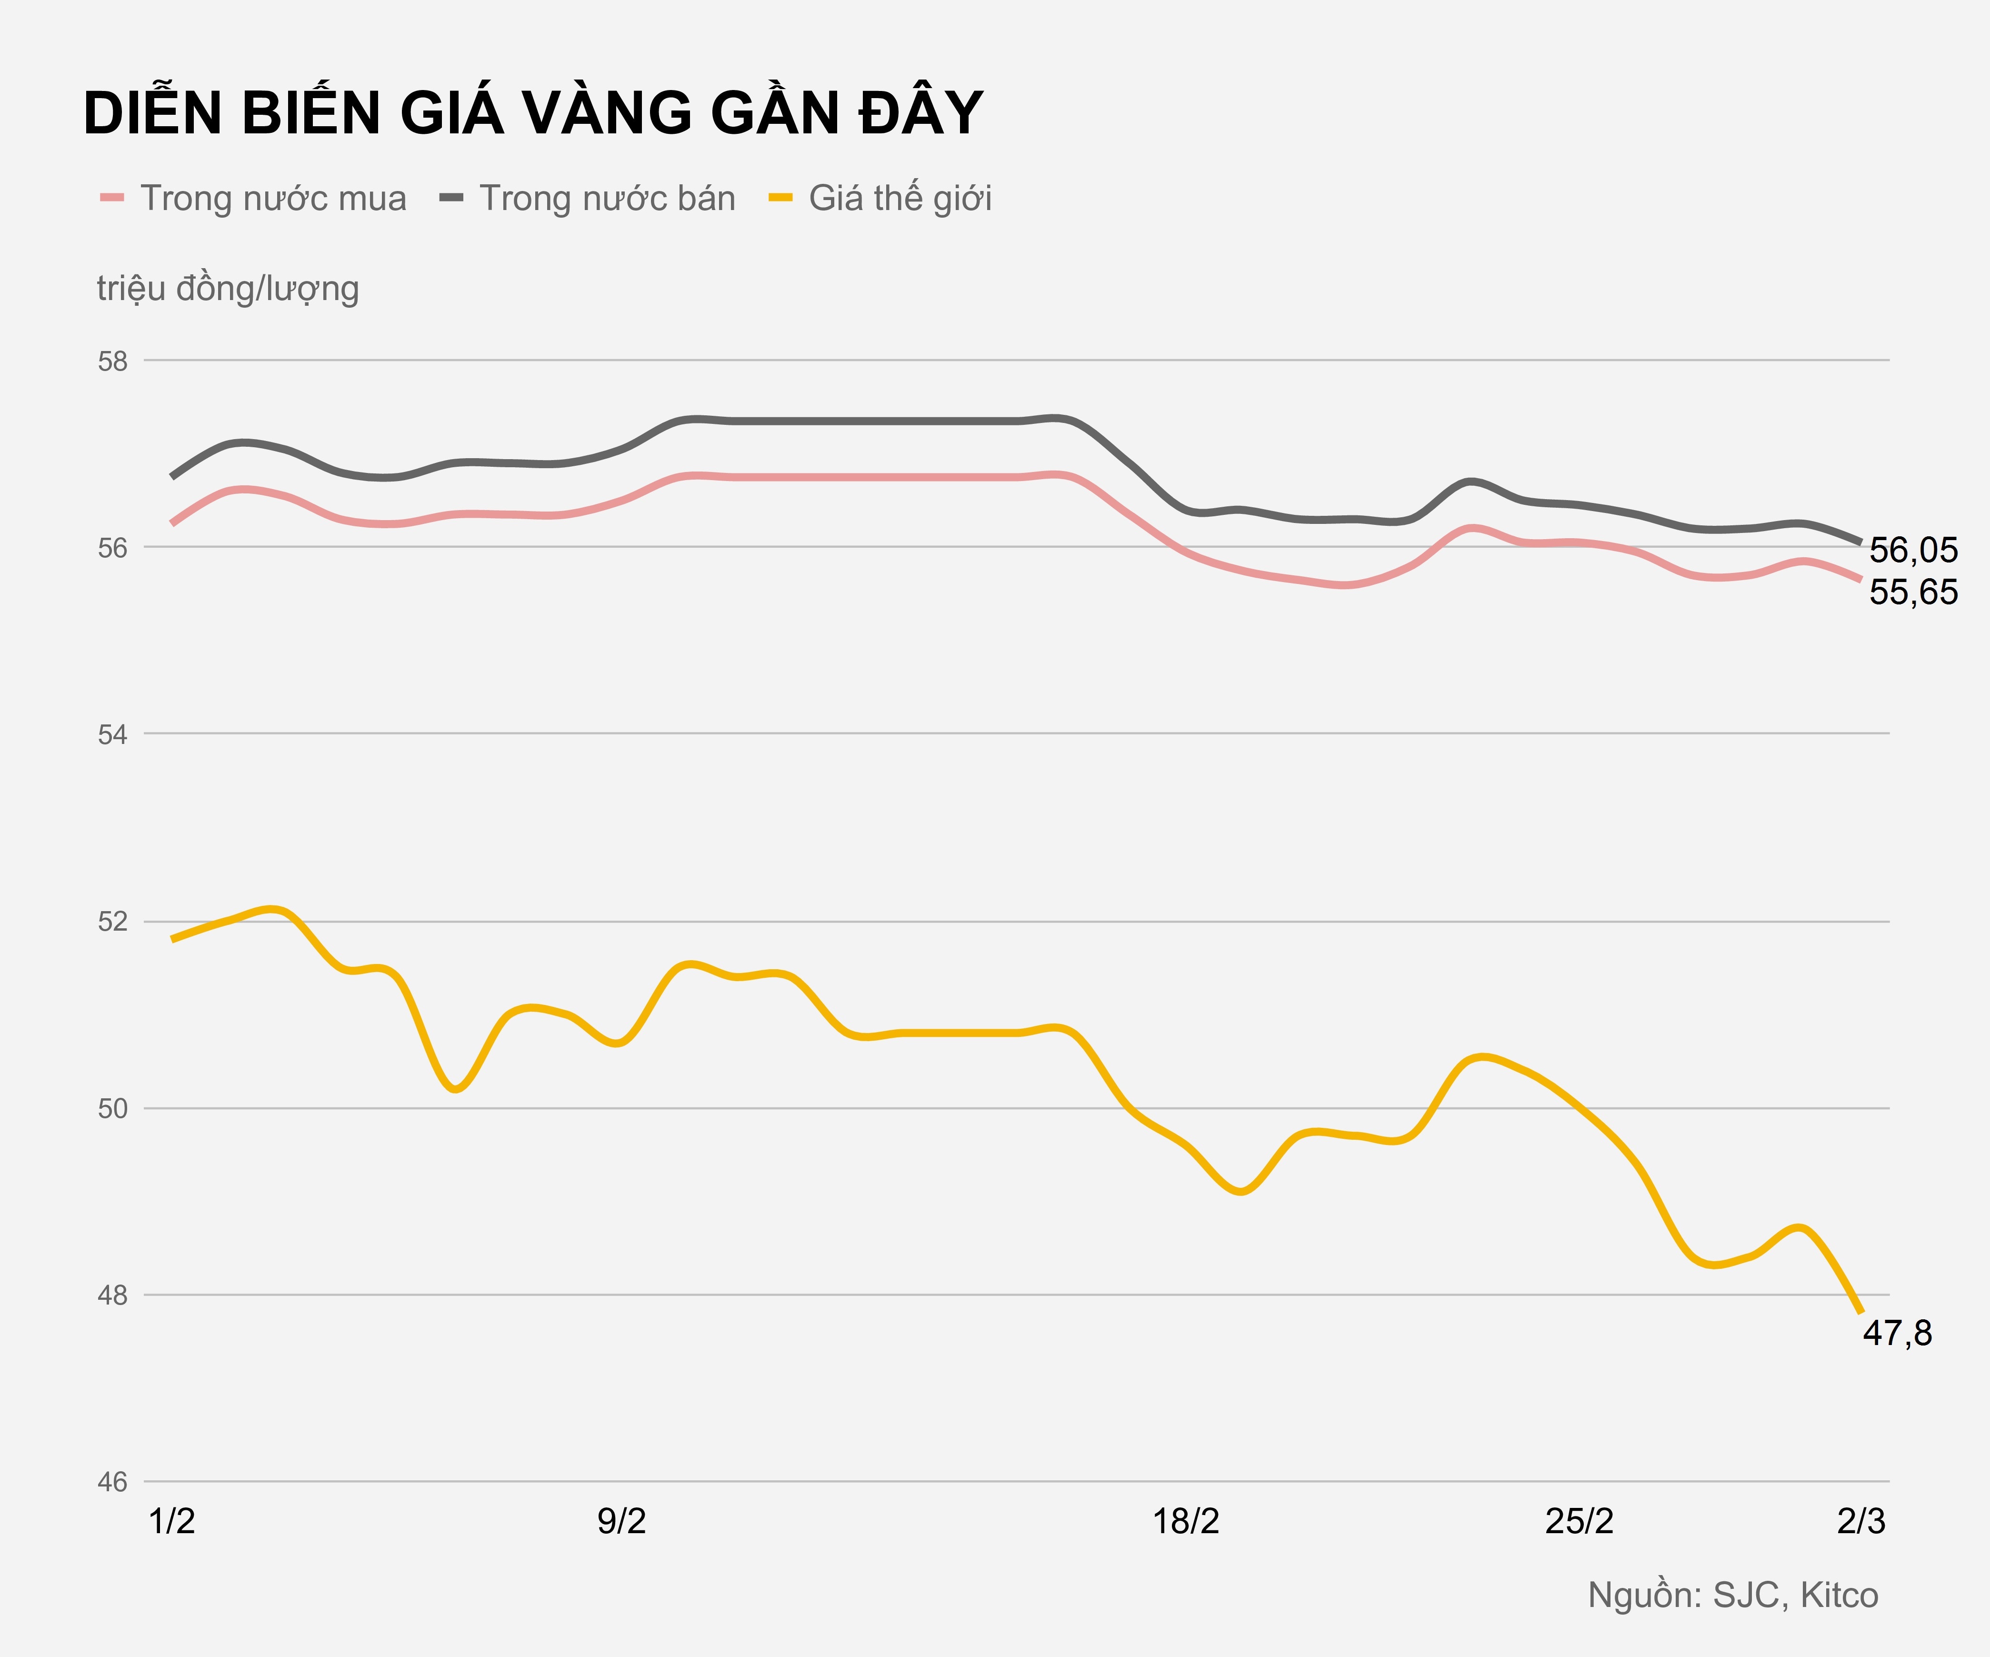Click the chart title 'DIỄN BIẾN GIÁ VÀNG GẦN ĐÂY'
(532, 114)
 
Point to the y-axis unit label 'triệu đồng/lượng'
(228, 288)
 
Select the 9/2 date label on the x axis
(621, 1521)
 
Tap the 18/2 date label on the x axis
(1185, 1521)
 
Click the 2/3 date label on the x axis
(1861, 1521)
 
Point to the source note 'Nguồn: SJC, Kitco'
(1732, 1596)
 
